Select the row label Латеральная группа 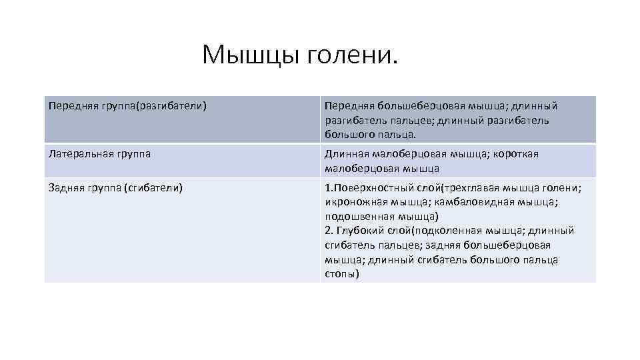coord(99,154)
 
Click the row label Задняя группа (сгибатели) coord(115,188)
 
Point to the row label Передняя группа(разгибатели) coord(127,106)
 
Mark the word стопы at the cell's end coord(341,274)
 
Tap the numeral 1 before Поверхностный coord(327,188)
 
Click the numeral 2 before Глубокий coord(328,231)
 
